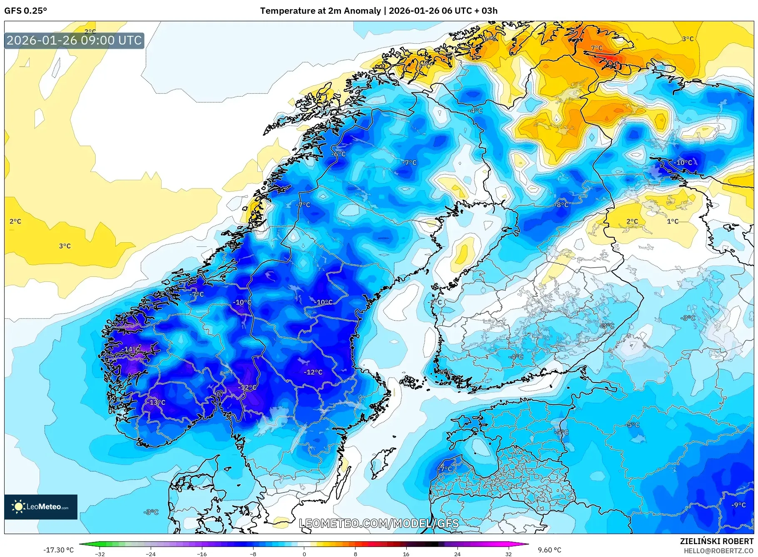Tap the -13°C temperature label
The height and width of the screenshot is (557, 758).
coord(155,402)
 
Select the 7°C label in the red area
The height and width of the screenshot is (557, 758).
coord(596,48)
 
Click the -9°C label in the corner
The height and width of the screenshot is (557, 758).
coord(738,505)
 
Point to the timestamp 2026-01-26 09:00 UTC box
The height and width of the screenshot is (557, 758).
coord(74,40)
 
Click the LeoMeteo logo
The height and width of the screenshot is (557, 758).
coord(41,507)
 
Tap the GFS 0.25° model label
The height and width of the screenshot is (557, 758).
coord(25,11)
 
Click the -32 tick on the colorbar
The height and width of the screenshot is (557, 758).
coord(100,554)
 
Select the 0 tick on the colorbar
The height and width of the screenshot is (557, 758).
coord(304,554)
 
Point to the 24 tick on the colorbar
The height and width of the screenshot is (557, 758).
coord(457,554)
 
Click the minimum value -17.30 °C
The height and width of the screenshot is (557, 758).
coord(59,550)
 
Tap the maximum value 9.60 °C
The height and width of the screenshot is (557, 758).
coord(549,550)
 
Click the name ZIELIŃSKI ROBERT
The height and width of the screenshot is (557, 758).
coord(716,541)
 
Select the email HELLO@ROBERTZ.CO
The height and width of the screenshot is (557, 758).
coord(718,551)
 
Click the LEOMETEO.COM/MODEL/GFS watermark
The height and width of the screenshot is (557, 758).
coord(379,523)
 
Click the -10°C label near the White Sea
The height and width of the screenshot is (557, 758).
coord(683,162)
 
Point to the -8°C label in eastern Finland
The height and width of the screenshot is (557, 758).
coord(562,204)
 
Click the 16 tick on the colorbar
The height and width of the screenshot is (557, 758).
coord(406,554)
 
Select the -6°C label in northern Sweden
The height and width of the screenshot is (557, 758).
coord(338,154)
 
